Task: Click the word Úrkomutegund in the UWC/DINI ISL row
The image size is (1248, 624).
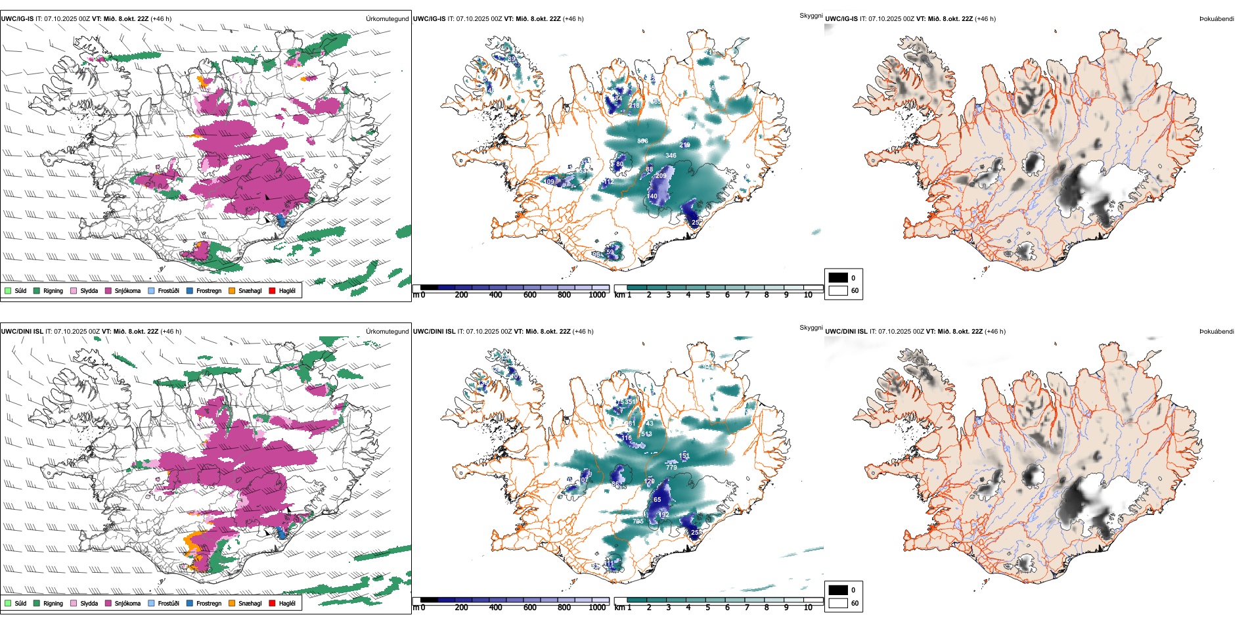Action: pyautogui.click(x=387, y=331)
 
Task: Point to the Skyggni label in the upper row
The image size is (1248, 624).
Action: pyautogui.click(x=811, y=15)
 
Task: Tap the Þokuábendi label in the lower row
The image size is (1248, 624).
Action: pyautogui.click(x=1216, y=331)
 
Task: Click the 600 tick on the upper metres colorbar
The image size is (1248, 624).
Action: pyautogui.click(x=530, y=295)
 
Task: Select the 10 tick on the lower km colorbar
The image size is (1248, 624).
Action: pyautogui.click(x=808, y=608)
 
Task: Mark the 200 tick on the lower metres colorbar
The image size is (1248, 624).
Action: pyautogui.click(x=462, y=608)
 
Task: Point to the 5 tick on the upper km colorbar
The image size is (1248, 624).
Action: pyautogui.click(x=708, y=295)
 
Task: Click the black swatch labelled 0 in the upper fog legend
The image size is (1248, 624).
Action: pyautogui.click(x=838, y=278)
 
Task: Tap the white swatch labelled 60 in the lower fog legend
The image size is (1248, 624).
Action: pyautogui.click(x=838, y=603)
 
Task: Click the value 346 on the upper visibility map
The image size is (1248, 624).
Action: pyautogui.click(x=671, y=156)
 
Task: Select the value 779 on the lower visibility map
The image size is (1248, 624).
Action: pyautogui.click(x=671, y=467)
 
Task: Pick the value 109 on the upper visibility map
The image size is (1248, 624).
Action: pyautogui.click(x=549, y=181)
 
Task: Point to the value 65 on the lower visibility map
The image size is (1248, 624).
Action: pyautogui.click(x=657, y=500)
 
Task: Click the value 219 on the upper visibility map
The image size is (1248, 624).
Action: pyautogui.click(x=684, y=145)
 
